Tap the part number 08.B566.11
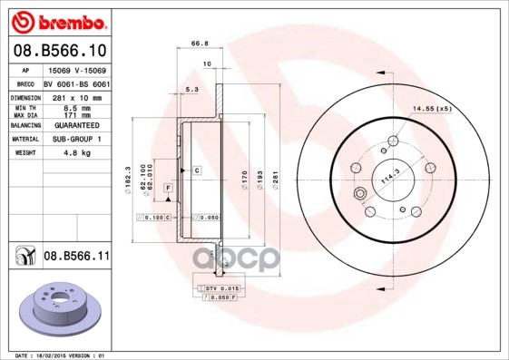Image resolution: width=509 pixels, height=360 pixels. click(x=76, y=257)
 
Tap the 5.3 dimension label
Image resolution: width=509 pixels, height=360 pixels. click(x=191, y=89)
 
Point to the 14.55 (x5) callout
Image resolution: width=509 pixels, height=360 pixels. click(x=432, y=109)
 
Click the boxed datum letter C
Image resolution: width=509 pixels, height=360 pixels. click(x=195, y=170)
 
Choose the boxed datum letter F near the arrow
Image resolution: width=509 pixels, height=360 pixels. click(x=168, y=187)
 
